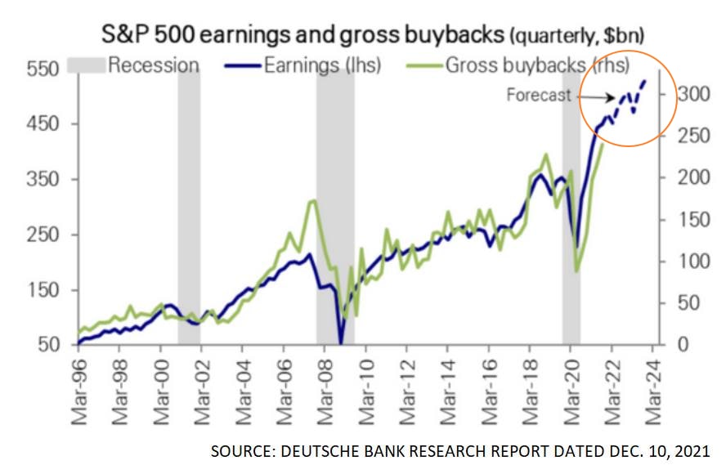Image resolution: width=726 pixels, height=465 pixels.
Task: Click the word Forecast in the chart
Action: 538,95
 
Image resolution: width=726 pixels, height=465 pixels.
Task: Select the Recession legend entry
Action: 153,65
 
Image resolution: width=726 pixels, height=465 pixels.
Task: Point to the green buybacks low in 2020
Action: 576,271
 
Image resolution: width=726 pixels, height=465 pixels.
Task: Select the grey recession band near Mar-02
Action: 189,204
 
